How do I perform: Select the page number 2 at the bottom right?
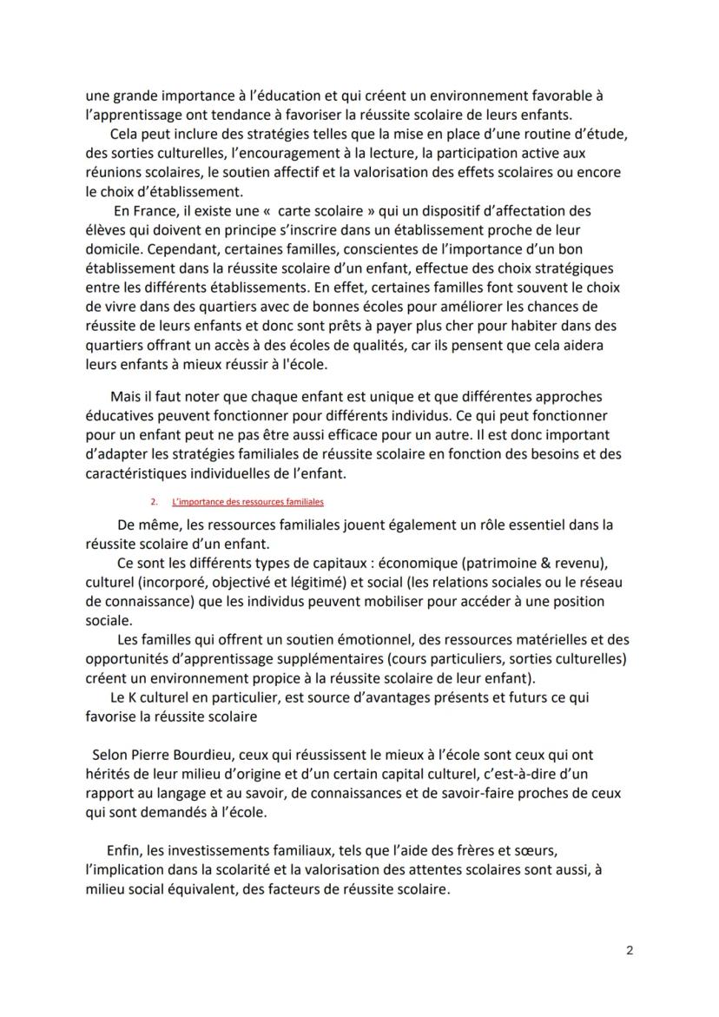pos(629,949)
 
